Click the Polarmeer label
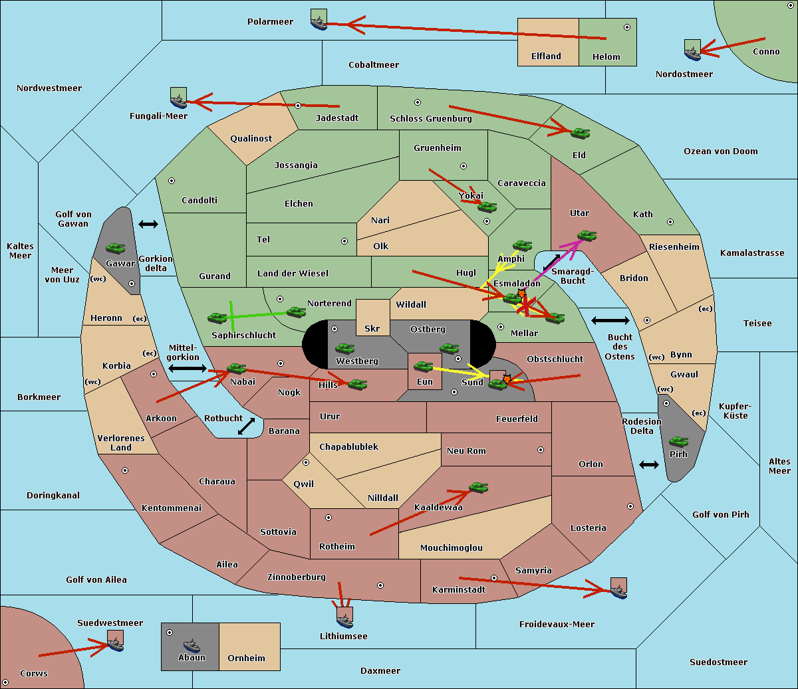click(x=270, y=22)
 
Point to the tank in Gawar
click(x=116, y=248)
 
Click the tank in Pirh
click(x=678, y=441)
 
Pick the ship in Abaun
click(x=192, y=644)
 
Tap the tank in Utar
click(x=587, y=235)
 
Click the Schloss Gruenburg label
click(x=431, y=118)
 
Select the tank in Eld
click(x=581, y=134)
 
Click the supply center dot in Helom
click(x=627, y=27)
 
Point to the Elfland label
click(x=546, y=56)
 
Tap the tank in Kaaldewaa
click(x=478, y=487)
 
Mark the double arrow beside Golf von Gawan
click(x=148, y=224)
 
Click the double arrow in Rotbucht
click(x=246, y=427)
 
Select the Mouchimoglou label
click(x=452, y=547)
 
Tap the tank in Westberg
click(x=344, y=349)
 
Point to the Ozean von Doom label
click(x=721, y=151)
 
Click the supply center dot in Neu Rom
click(x=541, y=450)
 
